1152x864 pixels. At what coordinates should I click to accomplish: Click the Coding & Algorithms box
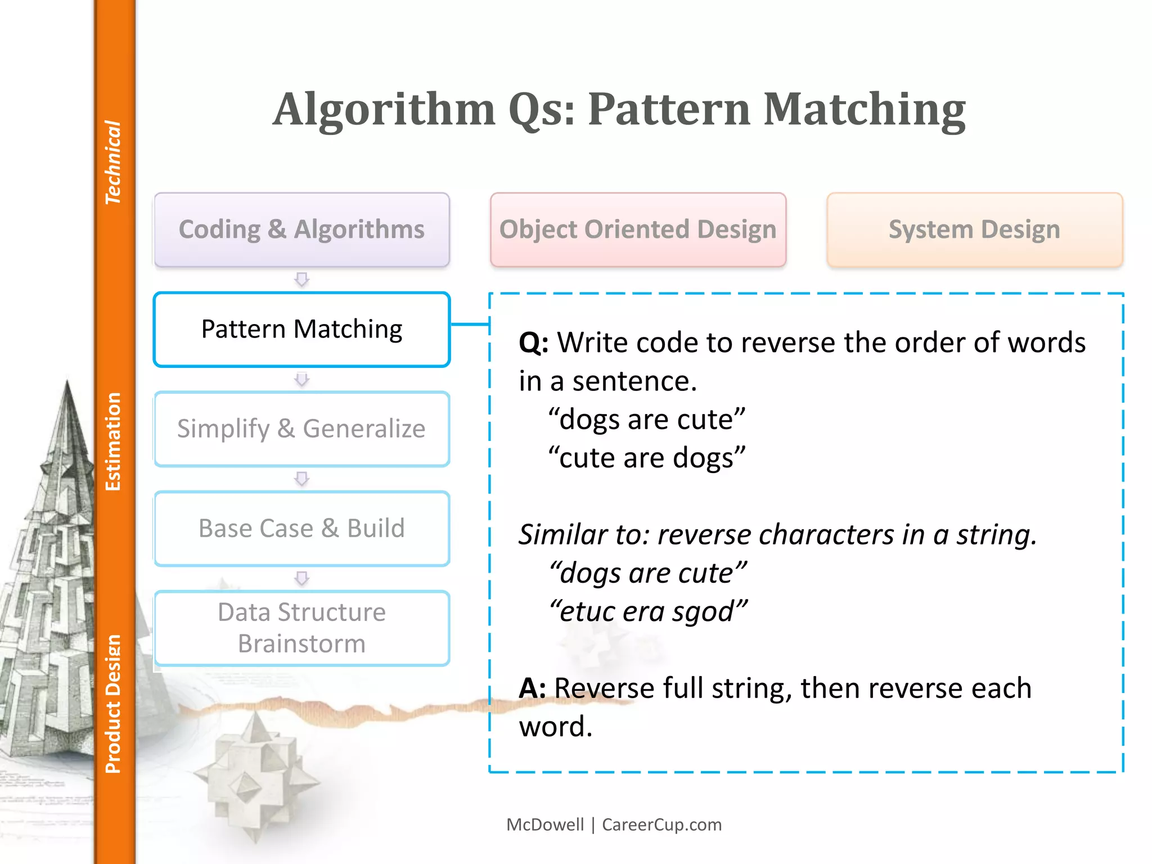pyautogui.click(x=301, y=229)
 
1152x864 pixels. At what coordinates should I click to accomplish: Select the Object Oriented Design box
pyautogui.click(x=638, y=229)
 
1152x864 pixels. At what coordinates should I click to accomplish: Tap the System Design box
pyautogui.click(x=974, y=229)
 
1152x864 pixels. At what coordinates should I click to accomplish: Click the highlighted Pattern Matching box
pyautogui.click(x=301, y=329)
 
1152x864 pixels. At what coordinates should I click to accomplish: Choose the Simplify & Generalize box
pyautogui.click(x=301, y=429)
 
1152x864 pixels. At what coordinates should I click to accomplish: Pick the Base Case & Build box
pyautogui.click(x=301, y=528)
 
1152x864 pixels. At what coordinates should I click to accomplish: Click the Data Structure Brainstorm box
pyautogui.click(x=301, y=628)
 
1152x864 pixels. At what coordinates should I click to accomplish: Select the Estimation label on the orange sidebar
pyautogui.click(x=113, y=442)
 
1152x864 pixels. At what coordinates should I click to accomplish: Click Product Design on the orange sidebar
pyautogui.click(x=113, y=704)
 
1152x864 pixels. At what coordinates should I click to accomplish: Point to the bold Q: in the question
pyautogui.click(x=533, y=343)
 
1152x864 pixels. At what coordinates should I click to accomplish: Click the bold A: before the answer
pyautogui.click(x=532, y=688)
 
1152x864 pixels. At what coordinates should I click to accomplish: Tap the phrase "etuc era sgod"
pyautogui.click(x=648, y=611)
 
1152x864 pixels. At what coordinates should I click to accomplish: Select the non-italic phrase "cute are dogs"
pyautogui.click(x=647, y=458)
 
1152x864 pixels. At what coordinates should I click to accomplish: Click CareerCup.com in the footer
pyautogui.click(x=661, y=825)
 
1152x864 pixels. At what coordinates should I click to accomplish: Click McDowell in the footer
pyautogui.click(x=545, y=825)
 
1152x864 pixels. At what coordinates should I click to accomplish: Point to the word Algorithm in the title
pyautogui.click(x=384, y=109)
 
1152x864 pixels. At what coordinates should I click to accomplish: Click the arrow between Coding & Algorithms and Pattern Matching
pyautogui.click(x=302, y=279)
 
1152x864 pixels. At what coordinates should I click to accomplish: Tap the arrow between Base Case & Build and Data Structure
pyautogui.click(x=302, y=578)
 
